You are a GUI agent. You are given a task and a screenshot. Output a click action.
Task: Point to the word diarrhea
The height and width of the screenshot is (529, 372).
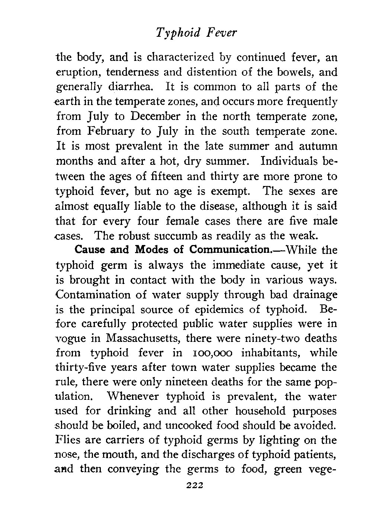click(126, 87)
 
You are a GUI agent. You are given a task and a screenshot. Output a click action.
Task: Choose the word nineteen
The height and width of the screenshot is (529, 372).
click(202, 382)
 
